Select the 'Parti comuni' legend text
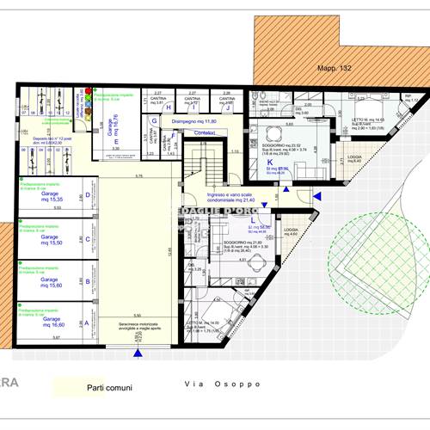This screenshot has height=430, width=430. (110, 388)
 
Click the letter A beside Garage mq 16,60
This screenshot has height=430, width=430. (85, 323)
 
